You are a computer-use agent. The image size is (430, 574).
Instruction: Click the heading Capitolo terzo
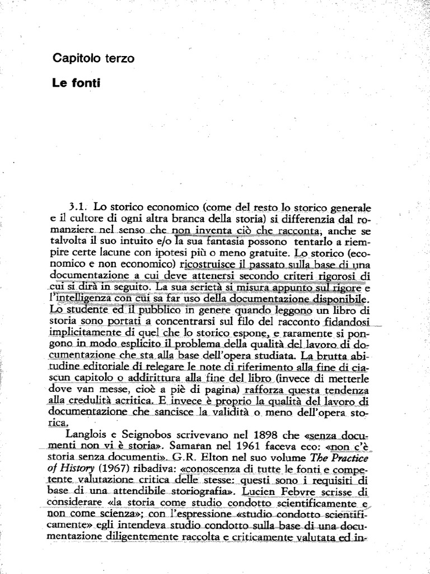coord(93,58)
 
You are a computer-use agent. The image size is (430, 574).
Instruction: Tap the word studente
coord(88,309)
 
